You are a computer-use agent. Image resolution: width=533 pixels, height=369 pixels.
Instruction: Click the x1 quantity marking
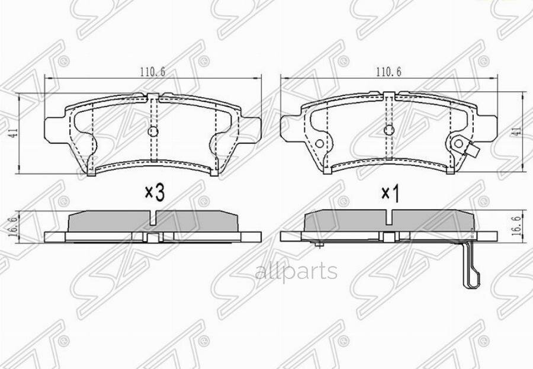click(x=388, y=193)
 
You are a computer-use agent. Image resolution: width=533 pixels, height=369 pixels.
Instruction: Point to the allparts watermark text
click(x=296, y=272)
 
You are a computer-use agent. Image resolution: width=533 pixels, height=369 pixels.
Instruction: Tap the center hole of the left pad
click(x=153, y=131)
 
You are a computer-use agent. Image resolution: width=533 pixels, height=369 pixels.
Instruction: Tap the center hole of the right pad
click(x=388, y=130)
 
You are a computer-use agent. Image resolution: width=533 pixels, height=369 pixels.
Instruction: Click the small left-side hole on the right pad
click(x=319, y=143)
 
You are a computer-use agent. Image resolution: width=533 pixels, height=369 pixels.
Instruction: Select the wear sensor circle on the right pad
click(x=458, y=143)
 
